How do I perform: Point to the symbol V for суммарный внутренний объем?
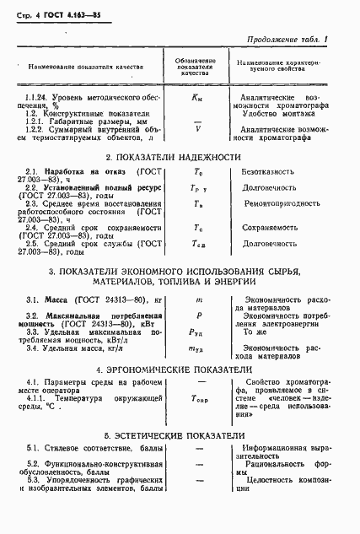[197, 130]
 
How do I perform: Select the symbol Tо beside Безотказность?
[198, 172]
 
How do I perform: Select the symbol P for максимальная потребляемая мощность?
[198, 316]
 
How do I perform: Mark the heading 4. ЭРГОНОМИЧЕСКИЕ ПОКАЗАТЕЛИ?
[179, 369]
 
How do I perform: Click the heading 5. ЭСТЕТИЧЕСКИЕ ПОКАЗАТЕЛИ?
[180, 436]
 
